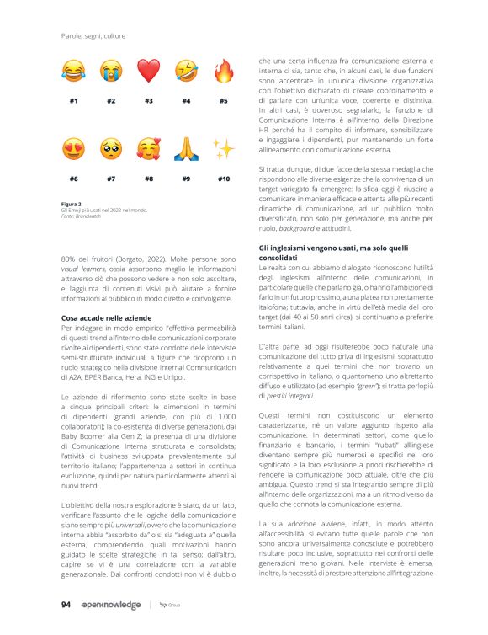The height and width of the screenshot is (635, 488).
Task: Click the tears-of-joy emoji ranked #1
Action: [74, 71]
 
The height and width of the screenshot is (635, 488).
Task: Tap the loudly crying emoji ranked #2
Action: [111, 71]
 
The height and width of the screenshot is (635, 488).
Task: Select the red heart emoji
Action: [148, 71]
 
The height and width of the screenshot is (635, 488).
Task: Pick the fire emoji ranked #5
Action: [223, 70]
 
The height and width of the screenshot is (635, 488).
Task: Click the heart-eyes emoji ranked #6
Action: [74, 150]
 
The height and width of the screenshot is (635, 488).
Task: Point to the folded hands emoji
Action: [186, 150]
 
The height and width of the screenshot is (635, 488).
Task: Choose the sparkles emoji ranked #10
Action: [223, 150]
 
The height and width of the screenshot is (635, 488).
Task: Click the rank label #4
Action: [186, 101]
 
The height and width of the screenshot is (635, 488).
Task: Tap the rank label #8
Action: [149, 179]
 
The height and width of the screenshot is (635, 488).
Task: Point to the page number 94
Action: [66, 604]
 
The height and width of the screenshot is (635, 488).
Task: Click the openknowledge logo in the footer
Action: [112, 605]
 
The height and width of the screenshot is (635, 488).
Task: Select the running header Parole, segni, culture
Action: [94, 35]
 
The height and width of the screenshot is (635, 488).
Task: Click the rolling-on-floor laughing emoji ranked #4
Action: [186, 71]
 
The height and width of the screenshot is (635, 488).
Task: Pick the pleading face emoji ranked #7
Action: [111, 150]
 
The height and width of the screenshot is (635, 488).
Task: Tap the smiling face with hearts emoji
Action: [148, 150]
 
